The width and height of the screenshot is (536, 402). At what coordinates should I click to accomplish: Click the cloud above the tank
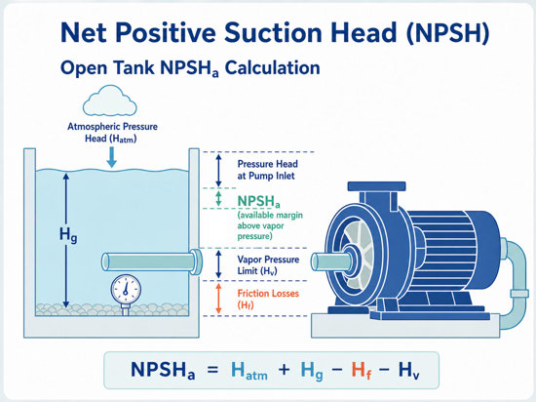[x=110, y=100]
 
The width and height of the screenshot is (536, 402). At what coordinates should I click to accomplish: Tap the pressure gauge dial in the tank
[x=126, y=290]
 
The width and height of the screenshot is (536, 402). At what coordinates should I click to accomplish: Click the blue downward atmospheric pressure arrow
[x=111, y=157]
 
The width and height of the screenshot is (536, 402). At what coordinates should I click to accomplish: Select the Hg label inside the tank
[x=68, y=235]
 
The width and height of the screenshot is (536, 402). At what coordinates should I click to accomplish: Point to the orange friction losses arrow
[x=218, y=299]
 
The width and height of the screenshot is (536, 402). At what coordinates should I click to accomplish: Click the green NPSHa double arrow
[x=218, y=198]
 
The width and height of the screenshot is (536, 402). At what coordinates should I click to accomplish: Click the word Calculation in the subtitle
[x=273, y=67]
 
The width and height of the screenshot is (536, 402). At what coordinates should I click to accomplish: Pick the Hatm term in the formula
[x=249, y=370]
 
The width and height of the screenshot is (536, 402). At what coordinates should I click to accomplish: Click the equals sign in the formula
[x=212, y=370]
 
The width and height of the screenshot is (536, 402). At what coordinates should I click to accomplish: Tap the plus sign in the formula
[x=284, y=370]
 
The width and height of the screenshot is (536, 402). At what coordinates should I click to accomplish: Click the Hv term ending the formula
[x=409, y=370]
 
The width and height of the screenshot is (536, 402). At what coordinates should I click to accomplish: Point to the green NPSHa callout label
[x=259, y=201]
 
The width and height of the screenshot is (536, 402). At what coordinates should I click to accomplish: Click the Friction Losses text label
[x=268, y=299]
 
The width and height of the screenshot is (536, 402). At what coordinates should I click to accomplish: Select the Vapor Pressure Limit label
[x=268, y=264]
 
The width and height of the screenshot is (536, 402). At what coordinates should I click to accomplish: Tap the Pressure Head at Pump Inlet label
[x=267, y=170]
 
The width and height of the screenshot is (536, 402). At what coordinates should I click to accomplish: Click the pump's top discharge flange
[x=377, y=186]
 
